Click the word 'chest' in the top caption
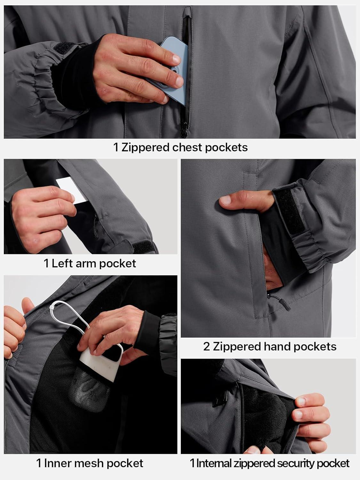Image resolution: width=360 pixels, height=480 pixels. click(x=188, y=148)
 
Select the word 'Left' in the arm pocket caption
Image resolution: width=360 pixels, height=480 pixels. click(x=62, y=263)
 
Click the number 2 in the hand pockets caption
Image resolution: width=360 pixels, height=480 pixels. click(x=206, y=347)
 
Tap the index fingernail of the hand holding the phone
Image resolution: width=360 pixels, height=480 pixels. click(x=177, y=59)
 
